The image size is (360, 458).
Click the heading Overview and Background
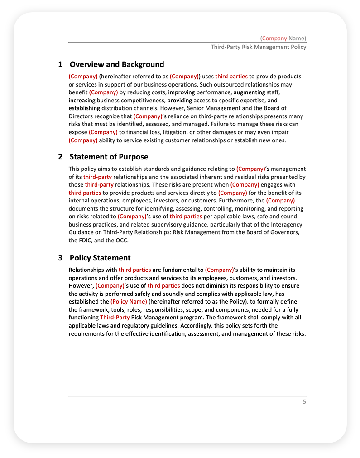click(116, 64)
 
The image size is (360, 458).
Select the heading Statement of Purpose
click(108, 157)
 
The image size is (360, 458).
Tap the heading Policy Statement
click(100, 258)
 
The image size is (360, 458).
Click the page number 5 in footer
click(304, 401)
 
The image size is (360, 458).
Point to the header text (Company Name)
click(283, 38)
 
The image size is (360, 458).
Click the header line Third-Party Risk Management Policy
click(258, 47)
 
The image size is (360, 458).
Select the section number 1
click(60, 64)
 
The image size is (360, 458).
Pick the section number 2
click(60, 157)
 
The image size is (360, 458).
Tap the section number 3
click(60, 258)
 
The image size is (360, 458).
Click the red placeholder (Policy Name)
click(129, 302)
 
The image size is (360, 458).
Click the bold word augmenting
click(249, 92)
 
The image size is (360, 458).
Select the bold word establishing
click(84, 108)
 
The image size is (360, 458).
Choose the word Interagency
click(286, 225)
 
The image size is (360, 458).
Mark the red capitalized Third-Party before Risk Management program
click(115, 318)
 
